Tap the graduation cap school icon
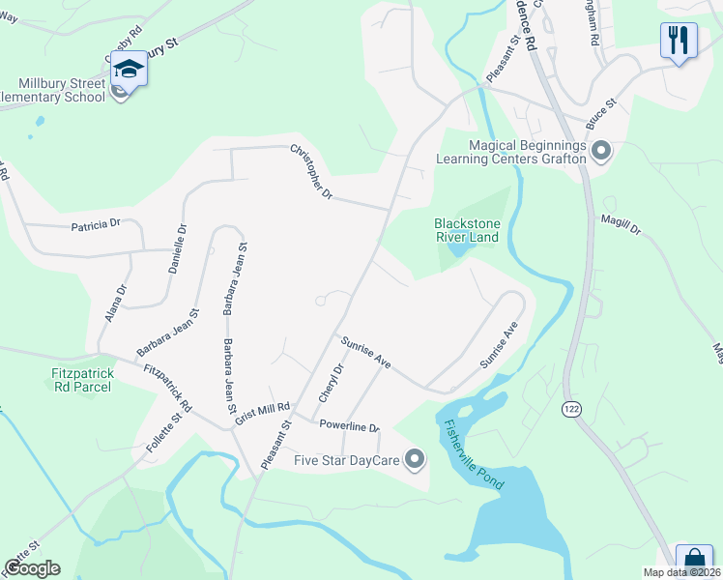click(x=128, y=69)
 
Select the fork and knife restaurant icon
click(x=679, y=41)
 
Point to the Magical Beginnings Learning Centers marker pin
click(x=600, y=151)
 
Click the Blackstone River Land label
click(x=466, y=229)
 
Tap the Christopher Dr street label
click(x=311, y=172)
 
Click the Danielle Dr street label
click(x=178, y=249)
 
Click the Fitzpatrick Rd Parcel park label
click(x=81, y=380)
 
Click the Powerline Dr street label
click(x=349, y=424)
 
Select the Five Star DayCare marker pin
click(x=415, y=460)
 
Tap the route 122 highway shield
click(x=571, y=410)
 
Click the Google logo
click(x=32, y=568)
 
